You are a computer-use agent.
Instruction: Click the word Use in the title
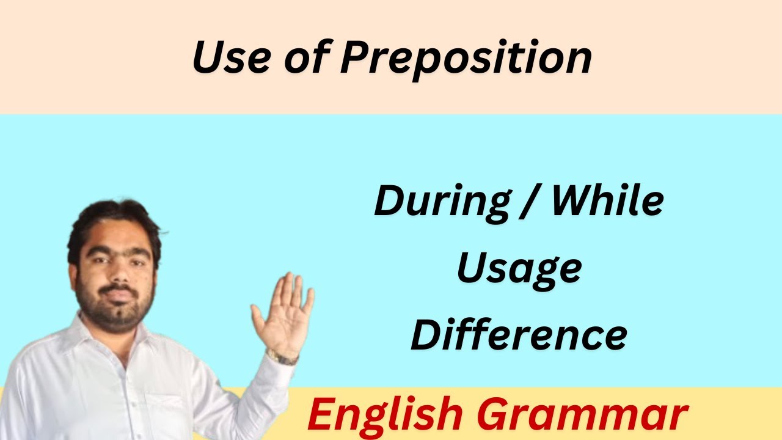coord(231,57)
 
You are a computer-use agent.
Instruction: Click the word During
coord(442,202)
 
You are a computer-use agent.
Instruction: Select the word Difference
coord(519,334)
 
